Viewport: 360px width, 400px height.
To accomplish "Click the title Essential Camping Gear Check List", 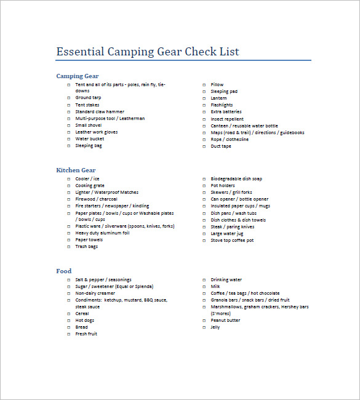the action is pyautogui.click(x=148, y=52).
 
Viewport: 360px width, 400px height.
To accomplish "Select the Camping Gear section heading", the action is pyautogui.click(x=78, y=76).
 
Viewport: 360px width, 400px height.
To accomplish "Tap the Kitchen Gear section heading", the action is pyautogui.click(x=76, y=170).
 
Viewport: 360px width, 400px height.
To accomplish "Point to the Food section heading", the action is pyautogui.click(x=64, y=271).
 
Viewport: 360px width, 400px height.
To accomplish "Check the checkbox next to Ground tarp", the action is pyautogui.click(x=69, y=98).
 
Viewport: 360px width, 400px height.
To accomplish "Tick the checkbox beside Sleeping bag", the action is pyautogui.click(x=69, y=146).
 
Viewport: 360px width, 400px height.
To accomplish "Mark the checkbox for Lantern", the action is pyautogui.click(x=204, y=98).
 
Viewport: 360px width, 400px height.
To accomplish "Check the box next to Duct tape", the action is pyautogui.click(x=204, y=146).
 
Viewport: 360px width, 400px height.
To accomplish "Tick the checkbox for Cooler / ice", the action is pyautogui.click(x=69, y=179).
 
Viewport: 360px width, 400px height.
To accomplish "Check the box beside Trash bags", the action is pyautogui.click(x=69, y=247).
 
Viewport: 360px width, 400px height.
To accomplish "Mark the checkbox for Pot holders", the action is pyautogui.click(x=204, y=186).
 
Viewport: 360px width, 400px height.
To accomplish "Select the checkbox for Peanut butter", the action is pyautogui.click(x=204, y=321).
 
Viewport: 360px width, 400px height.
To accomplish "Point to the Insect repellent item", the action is pyautogui.click(x=227, y=119).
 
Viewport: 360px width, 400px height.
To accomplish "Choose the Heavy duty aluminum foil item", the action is pyautogui.click(x=102, y=233).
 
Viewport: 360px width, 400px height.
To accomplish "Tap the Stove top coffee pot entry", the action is pyautogui.click(x=232, y=240).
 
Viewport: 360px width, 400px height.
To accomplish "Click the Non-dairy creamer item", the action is pyautogui.click(x=95, y=294).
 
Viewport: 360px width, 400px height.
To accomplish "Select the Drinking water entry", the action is pyautogui.click(x=226, y=280).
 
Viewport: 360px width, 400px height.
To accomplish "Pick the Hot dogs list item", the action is pyautogui.click(x=85, y=321).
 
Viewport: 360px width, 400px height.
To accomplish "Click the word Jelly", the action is pyautogui.click(x=215, y=327).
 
